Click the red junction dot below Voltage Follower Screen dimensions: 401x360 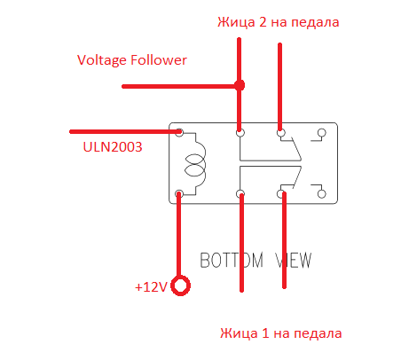(x=240, y=85)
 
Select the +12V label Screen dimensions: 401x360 (x=151, y=287)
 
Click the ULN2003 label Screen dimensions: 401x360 (x=113, y=147)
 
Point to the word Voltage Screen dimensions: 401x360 (x=102, y=60)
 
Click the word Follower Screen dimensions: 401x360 (x=159, y=60)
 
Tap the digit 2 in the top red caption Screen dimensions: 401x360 (x=263, y=22)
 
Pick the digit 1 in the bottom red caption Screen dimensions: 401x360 (x=265, y=333)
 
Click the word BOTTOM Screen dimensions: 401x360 (x=232, y=260)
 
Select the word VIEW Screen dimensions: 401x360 (x=294, y=260)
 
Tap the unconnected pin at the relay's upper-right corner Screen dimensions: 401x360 (x=321, y=133)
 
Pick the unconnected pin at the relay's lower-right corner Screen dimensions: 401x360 (x=321, y=194)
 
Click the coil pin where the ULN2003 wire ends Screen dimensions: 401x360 (x=179, y=132)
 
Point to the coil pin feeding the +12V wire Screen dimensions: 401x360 (x=179, y=194)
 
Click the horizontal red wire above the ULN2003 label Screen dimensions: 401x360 (x=125, y=131)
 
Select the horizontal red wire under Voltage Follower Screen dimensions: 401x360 (x=181, y=86)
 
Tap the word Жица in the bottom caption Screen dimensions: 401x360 (x=239, y=333)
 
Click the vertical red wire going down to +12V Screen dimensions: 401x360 (x=178, y=234)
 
